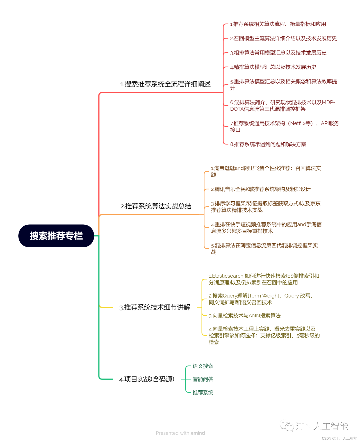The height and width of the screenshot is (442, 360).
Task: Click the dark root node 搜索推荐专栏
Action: (56, 236)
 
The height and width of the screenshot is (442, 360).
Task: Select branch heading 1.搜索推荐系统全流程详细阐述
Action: (165, 84)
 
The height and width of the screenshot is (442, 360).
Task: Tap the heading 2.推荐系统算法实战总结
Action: (156, 206)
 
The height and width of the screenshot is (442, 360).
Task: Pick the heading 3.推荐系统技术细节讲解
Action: (155, 307)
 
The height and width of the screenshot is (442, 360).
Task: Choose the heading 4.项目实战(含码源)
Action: (147, 379)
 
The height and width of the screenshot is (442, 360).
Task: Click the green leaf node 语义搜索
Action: (203, 366)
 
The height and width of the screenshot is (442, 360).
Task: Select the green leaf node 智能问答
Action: (203, 379)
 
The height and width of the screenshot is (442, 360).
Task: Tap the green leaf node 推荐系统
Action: (203, 392)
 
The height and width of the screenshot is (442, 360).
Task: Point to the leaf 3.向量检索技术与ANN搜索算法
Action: (245, 316)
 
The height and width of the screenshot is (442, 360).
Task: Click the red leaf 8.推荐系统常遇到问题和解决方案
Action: (268, 144)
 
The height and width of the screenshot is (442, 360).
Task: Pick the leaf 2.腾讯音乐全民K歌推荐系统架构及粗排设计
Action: (261, 189)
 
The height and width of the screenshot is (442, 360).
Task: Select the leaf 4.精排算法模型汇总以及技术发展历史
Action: (273, 67)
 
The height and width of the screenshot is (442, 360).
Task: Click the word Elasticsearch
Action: (227, 276)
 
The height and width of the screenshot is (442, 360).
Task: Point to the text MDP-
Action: (328, 102)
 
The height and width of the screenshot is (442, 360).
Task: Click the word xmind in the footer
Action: (198, 433)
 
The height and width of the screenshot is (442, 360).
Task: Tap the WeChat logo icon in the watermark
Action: (287, 426)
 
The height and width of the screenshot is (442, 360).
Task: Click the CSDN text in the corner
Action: (326, 438)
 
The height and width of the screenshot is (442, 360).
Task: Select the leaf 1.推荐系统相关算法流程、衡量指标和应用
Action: (278, 24)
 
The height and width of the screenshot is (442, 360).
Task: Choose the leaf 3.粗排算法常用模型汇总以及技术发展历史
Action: (278, 53)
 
